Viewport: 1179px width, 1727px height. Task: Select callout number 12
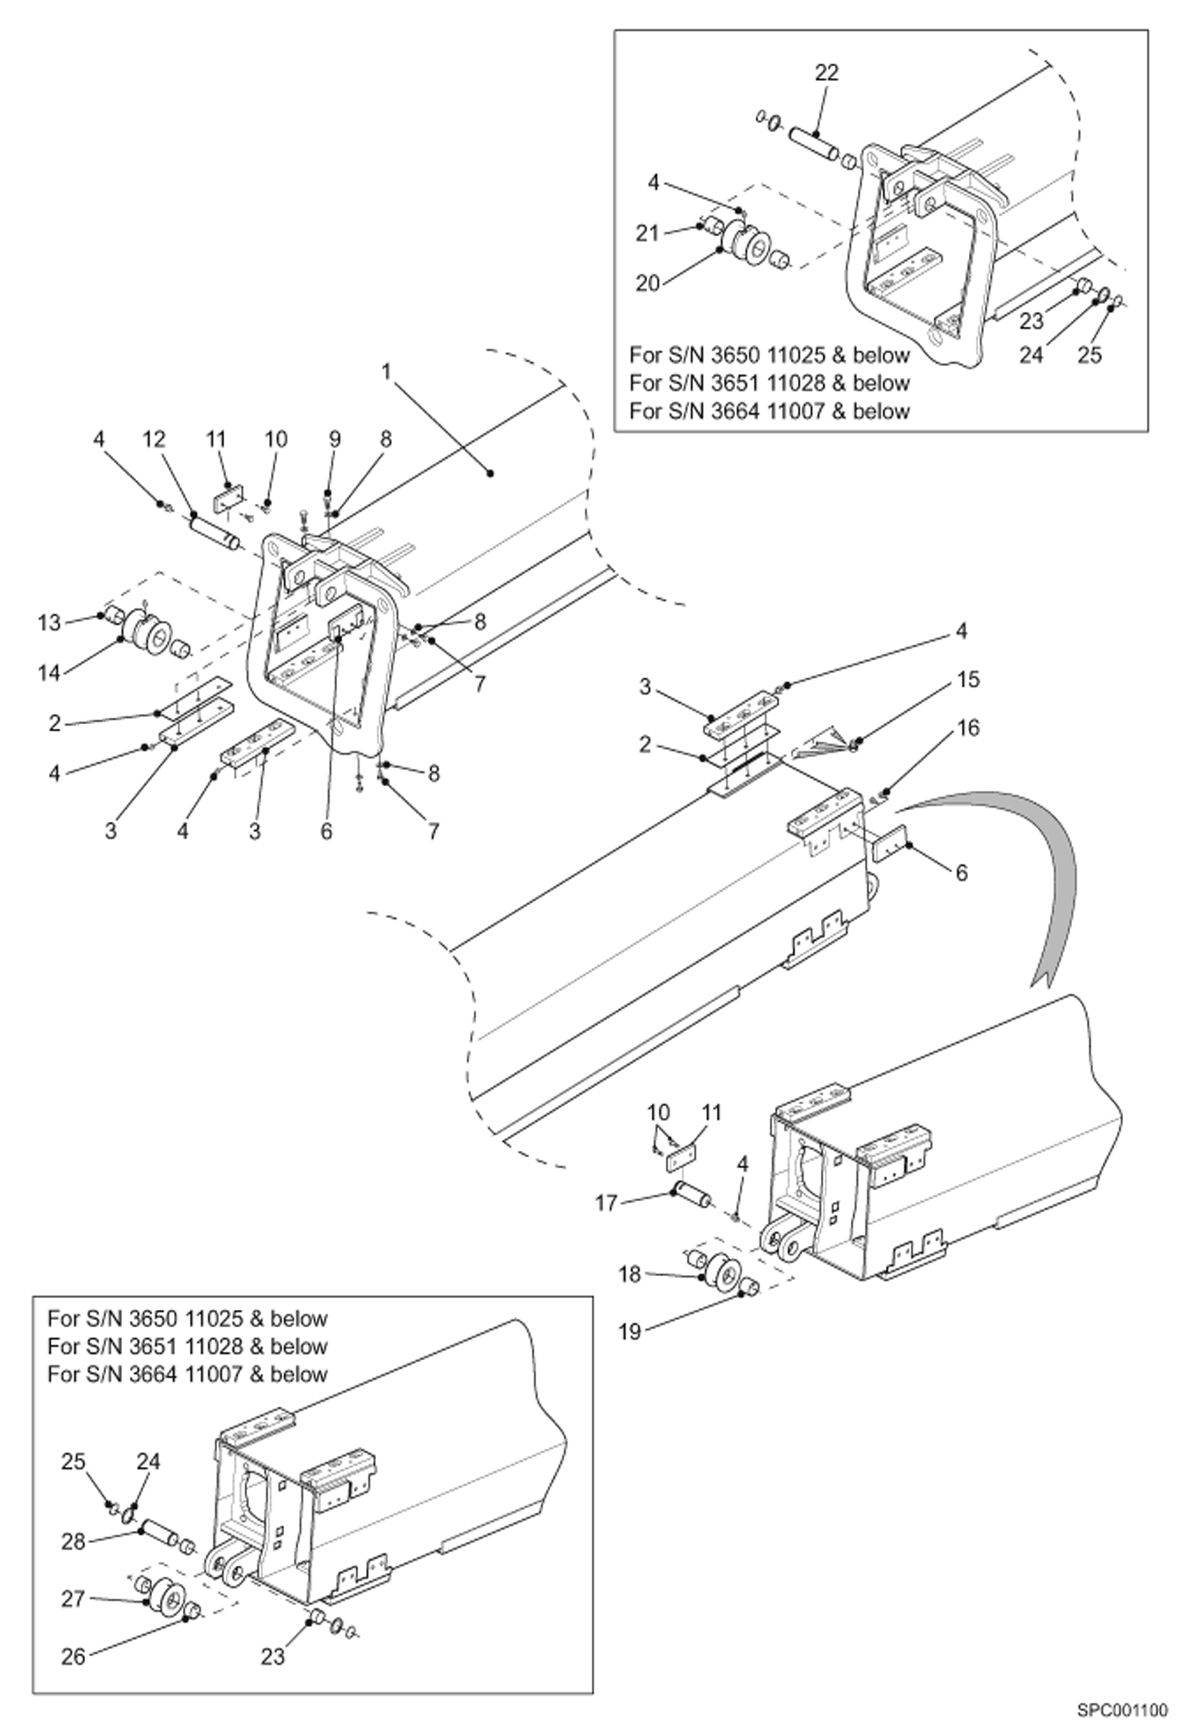[x=154, y=439]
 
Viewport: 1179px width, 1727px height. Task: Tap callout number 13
[x=50, y=623]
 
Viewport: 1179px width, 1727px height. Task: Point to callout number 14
[x=50, y=673]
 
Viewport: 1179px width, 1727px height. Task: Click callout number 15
[x=969, y=679]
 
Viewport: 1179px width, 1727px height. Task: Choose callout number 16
[x=969, y=728]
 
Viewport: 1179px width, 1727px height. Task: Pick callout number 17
[x=606, y=1203]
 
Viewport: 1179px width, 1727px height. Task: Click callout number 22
[x=826, y=72]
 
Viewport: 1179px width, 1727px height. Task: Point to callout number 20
[x=648, y=283]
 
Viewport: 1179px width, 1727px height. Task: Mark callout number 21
[x=648, y=234]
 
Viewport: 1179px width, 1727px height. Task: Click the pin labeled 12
[x=214, y=533]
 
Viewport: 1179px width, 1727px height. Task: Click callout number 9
[x=335, y=439]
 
